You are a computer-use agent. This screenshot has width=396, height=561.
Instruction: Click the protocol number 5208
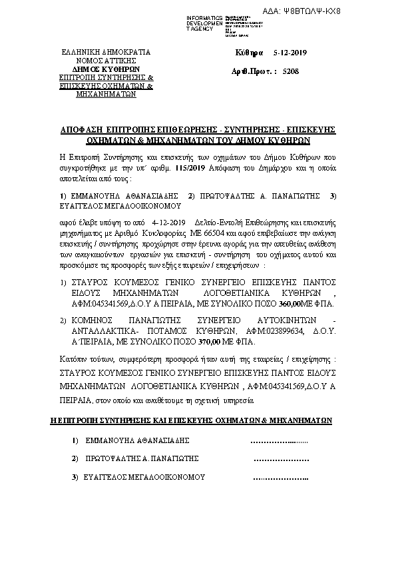coord(290,70)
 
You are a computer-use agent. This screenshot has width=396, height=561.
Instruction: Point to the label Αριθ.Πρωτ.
coord(253,70)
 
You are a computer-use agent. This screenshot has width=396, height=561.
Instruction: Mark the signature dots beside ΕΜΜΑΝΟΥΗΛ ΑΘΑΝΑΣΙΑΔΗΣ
coord(278,440)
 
